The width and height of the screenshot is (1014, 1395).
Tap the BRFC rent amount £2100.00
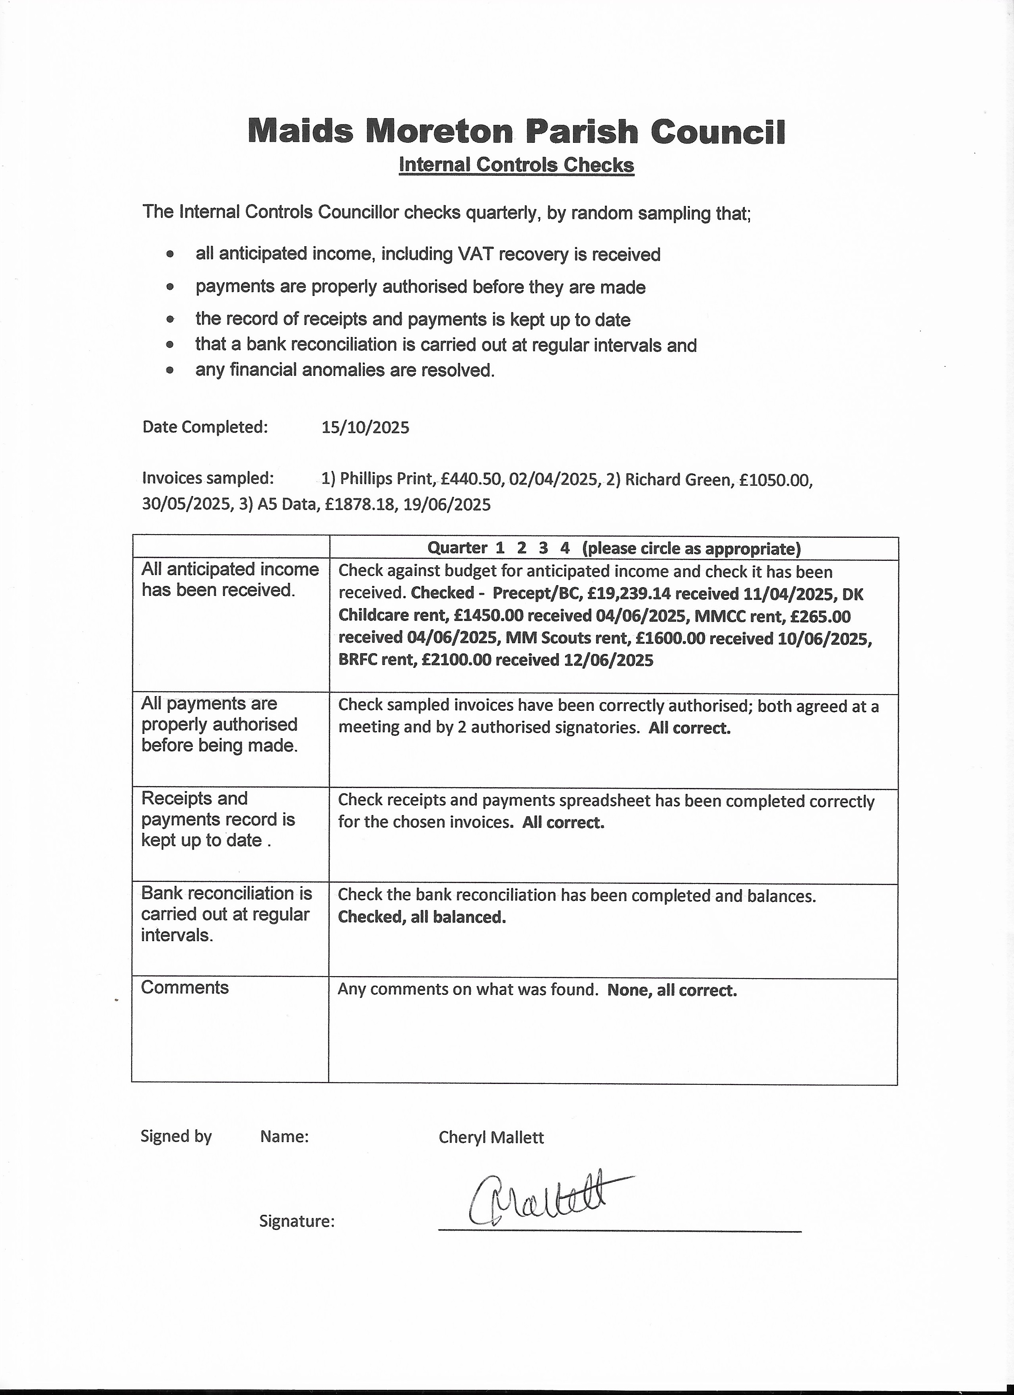point(456,661)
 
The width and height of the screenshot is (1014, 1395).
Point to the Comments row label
point(185,988)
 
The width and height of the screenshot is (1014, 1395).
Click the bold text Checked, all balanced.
point(422,917)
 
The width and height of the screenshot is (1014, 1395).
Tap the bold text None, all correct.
point(672,990)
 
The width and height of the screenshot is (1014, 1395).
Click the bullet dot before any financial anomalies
point(170,371)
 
